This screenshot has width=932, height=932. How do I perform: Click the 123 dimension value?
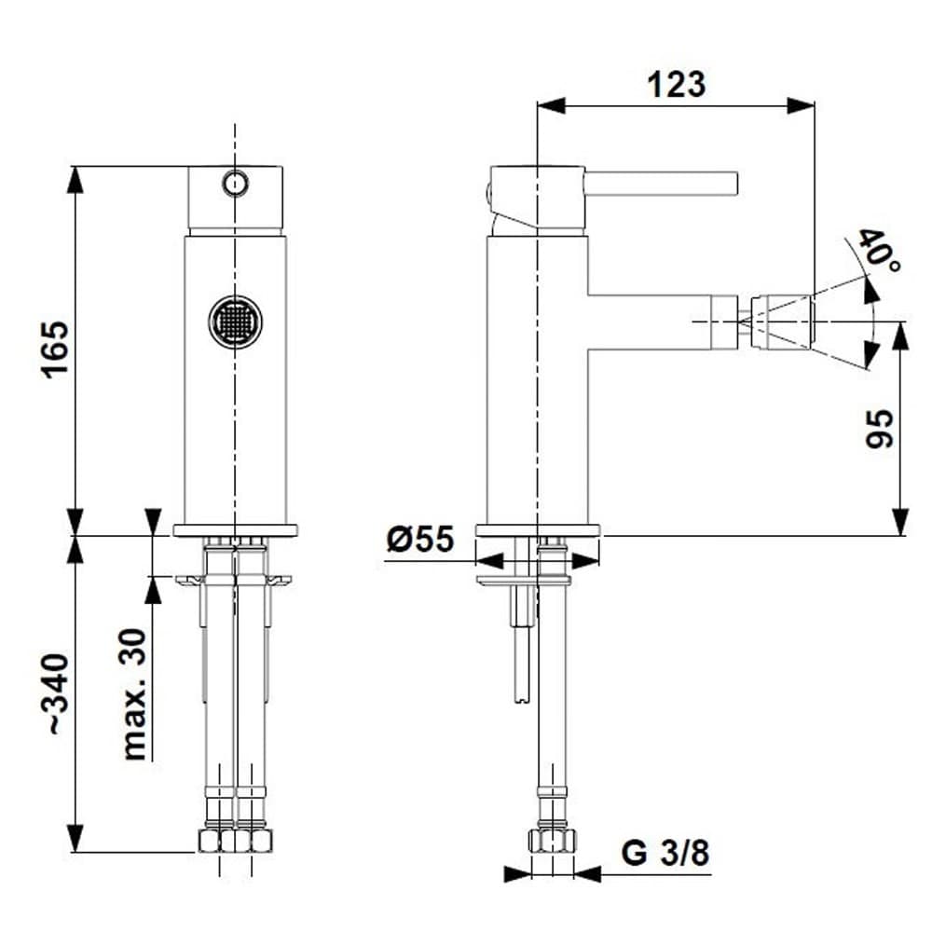[x=677, y=85]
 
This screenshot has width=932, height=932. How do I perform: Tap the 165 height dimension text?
[x=55, y=349]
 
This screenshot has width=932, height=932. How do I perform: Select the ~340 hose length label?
[x=55, y=693]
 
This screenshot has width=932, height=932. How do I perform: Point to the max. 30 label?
[x=135, y=694]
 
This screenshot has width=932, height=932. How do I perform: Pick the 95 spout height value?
[x=880, y=429]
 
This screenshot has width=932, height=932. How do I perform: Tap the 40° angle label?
[x=878, y=252]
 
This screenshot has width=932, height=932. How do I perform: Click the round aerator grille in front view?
[x=235, y=322]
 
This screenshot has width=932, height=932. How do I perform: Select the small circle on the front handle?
[x=235, y=182]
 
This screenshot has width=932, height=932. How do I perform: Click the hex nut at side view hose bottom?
[x=552, y=840]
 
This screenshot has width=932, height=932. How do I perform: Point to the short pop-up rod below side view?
[x=520, y=652]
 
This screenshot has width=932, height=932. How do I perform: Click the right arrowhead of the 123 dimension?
[x=803, y=105]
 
